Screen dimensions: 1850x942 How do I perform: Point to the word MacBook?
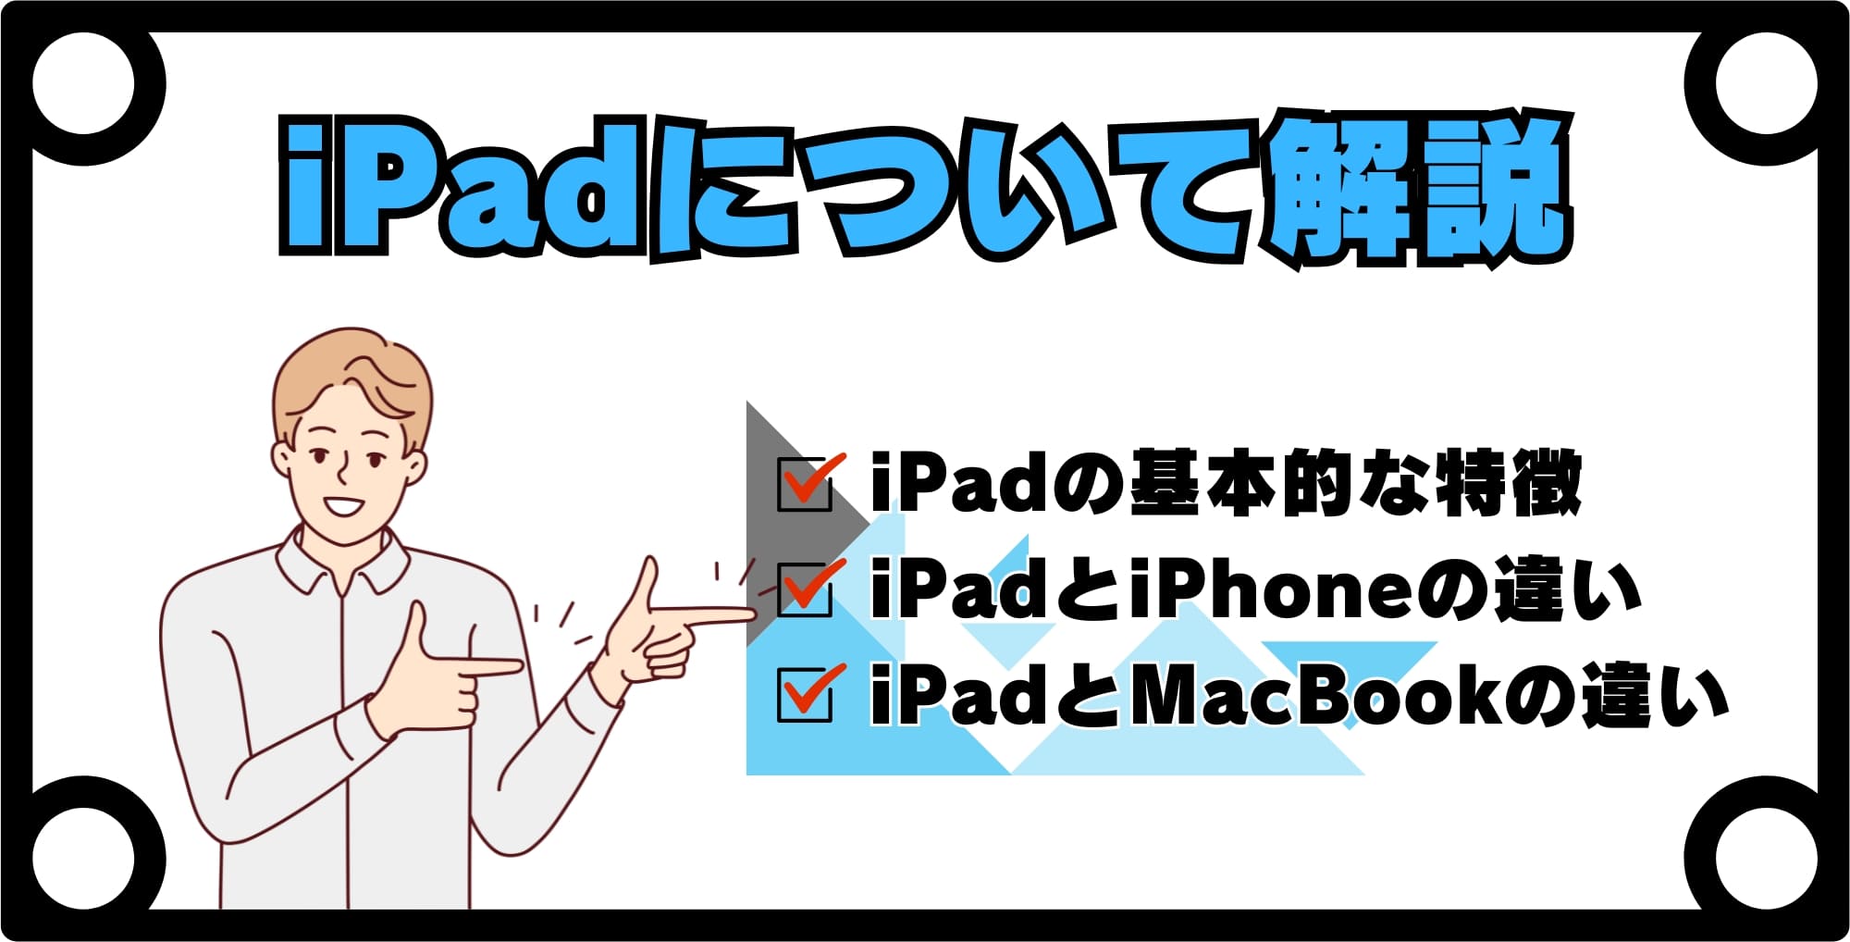1313,694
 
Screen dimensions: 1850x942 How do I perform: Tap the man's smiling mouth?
343,507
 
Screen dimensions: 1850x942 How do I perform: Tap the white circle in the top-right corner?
1766,83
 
